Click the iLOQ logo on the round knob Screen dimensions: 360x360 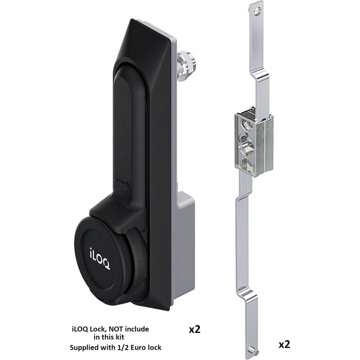(x=99, y=258)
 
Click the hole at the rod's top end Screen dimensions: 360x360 (x=258, y=10)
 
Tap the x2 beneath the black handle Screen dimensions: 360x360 (x=194, y=329)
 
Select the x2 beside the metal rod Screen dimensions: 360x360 (x=284, y=344)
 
